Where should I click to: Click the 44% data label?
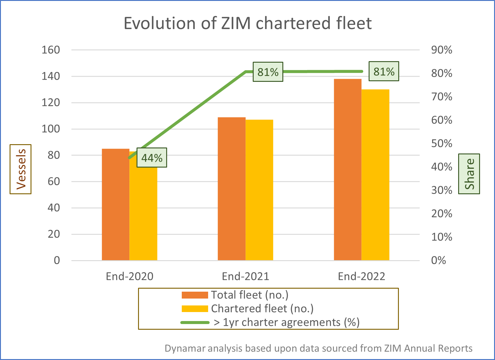click(x=152, y=158)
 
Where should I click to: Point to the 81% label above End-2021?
click(x=268, y=72)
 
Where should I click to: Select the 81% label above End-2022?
click(x=384, y=71)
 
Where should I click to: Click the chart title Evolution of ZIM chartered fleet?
click(x=247, y=23)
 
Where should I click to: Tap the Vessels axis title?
click(x=21, y=169)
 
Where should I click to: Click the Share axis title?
click(x=469, y=174)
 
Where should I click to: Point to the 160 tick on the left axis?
click(x=51, y=50)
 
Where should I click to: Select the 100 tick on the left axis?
click(x=51, y=129)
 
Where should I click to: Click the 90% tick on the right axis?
click(x=441, y=50)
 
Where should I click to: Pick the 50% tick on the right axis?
click(x=441, y=143)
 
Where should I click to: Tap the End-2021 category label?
click(x=245, y=276)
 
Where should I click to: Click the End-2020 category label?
click(x=129, y=276)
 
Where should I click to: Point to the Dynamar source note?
click(x=318, y=348)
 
